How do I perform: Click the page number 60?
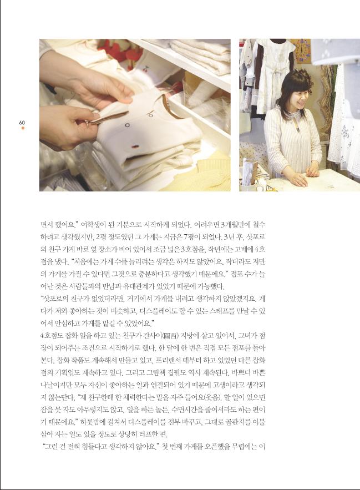tap(22, 123)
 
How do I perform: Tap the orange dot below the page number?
tap(23, 128)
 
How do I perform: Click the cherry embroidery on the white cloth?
tap(146, 68)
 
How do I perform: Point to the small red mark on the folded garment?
tap(135, 146)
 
